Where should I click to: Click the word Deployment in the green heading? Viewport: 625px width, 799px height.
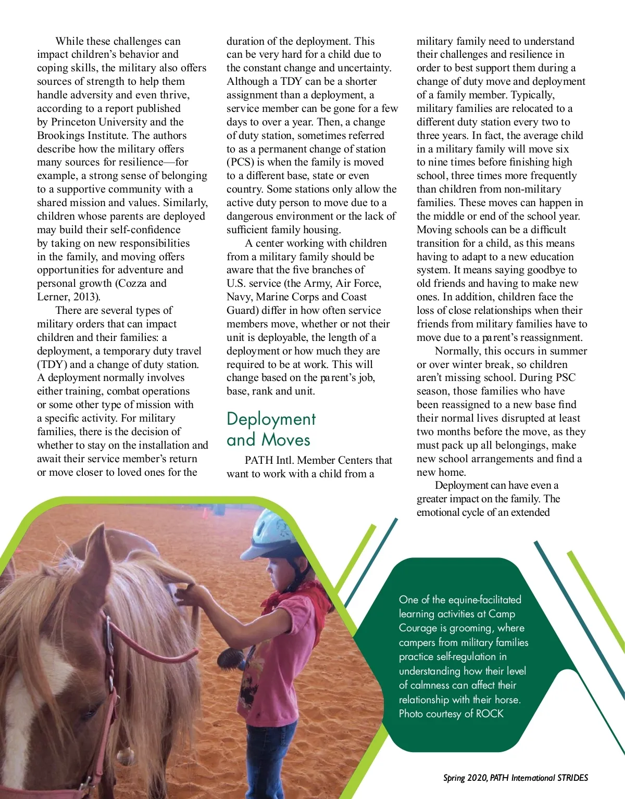tap(271, 420)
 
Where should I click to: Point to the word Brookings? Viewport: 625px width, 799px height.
tap(61, 135)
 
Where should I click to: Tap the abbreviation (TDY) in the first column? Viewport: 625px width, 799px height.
tap(52, 364)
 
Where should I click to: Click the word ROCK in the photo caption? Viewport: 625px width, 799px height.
tap(490, 714)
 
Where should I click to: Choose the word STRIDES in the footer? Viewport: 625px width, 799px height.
tap(572, 778)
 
